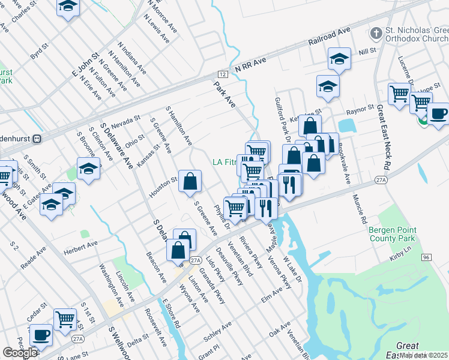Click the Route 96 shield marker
point(426,257)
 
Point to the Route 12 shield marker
point(223,74)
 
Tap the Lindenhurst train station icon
point(37,137)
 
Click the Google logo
point(20,353)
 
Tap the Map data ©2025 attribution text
point(424,355)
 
